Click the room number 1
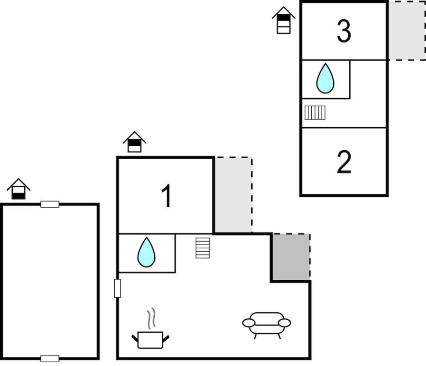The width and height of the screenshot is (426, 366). coord(166,196)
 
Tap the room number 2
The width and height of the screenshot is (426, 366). coord(344,162)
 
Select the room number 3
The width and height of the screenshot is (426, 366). coord(344,31)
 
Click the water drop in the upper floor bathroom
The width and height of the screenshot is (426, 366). coord(325,78)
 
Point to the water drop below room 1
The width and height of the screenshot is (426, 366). coord(147,252)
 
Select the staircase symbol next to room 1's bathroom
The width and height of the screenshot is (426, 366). coord(203,248)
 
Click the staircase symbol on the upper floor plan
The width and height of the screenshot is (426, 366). coord(315,112)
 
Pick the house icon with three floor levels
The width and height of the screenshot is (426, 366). coord(284,20)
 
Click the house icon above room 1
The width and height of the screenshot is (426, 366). coord(135,142)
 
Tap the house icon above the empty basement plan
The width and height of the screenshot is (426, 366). coord(19,189)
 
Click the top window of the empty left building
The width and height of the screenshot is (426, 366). coord(50,204)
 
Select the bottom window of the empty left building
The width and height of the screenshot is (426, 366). coord(50,359)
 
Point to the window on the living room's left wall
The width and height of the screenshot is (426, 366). coord(118,288)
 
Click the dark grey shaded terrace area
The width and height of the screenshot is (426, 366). coord(291,257)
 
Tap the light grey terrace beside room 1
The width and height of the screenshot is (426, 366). coord(233,195)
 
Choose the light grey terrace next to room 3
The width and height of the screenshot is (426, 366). coord(406,30)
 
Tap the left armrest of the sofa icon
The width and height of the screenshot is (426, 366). coord(248,323)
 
